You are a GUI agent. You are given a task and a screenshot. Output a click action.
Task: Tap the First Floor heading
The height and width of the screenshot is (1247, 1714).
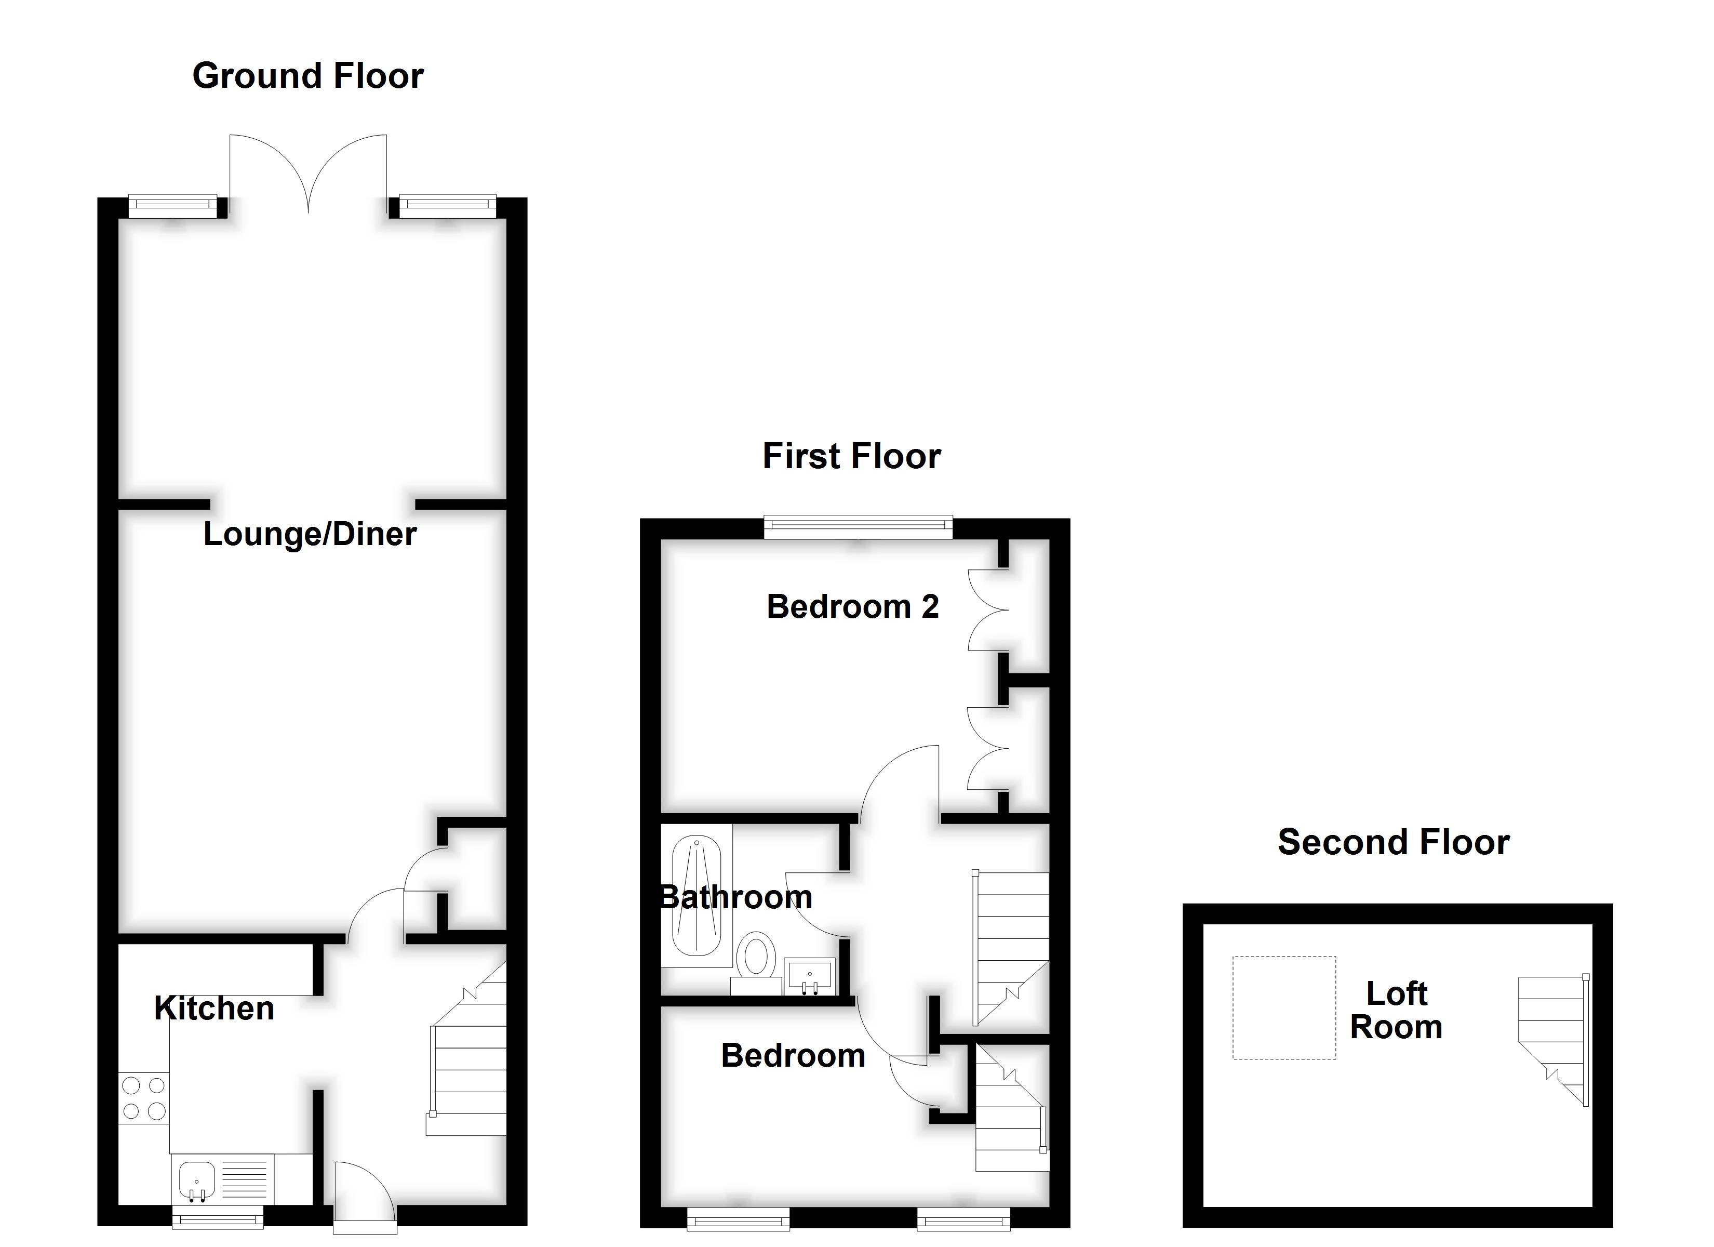tap(852, 457)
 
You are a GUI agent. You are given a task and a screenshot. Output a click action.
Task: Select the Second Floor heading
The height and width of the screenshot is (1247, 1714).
tap(1394, 842)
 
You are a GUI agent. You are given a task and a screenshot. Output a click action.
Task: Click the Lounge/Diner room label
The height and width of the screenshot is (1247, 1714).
tap(310, 535)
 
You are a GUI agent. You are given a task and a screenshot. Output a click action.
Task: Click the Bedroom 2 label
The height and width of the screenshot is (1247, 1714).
tap(852, 606)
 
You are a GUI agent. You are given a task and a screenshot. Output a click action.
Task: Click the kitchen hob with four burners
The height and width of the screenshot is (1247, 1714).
tap(143, 1098)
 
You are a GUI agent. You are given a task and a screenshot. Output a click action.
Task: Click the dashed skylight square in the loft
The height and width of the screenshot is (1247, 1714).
tap(1284, 1007)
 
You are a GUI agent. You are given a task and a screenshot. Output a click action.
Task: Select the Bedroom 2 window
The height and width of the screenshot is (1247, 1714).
tap(858, 526)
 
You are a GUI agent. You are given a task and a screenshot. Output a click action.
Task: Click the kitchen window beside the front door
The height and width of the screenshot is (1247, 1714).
tap(218, 1217)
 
